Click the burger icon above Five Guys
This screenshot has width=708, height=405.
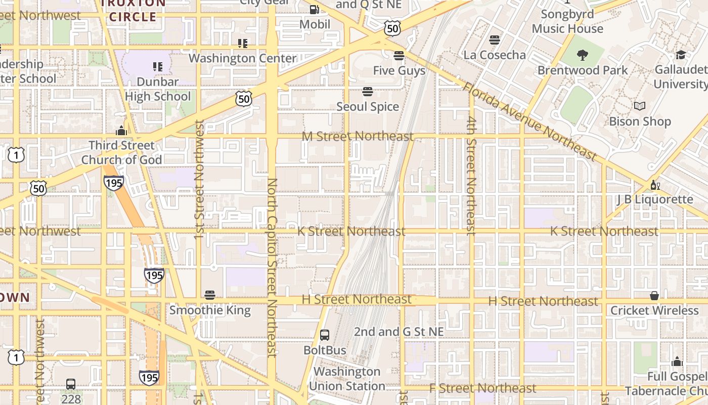coord(399,55)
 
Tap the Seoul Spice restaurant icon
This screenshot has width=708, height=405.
coord(368,92)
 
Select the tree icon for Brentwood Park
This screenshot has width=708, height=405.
coord(583,55)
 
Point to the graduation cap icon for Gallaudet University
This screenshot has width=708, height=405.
coord(681,55)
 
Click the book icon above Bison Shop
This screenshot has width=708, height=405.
coord(640,106)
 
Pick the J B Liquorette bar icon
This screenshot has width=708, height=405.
coord(655,185)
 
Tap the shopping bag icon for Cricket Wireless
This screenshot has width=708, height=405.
coord(654,296)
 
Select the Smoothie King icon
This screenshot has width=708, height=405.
coord(210,295)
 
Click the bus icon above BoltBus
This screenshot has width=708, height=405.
coord(325,335)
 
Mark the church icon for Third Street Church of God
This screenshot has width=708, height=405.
coord(121,131)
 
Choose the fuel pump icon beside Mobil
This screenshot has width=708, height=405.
coord(314,10)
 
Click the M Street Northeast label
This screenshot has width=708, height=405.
coord(358,137)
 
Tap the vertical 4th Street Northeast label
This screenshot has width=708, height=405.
coord(471,176)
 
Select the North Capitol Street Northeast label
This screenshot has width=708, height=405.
coord(272,267)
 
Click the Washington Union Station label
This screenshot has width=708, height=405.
coord(347,379)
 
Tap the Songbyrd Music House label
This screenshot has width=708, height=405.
coord(567,21)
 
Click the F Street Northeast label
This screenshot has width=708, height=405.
coord(482,388)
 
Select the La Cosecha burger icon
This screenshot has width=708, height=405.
coord(495,40)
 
